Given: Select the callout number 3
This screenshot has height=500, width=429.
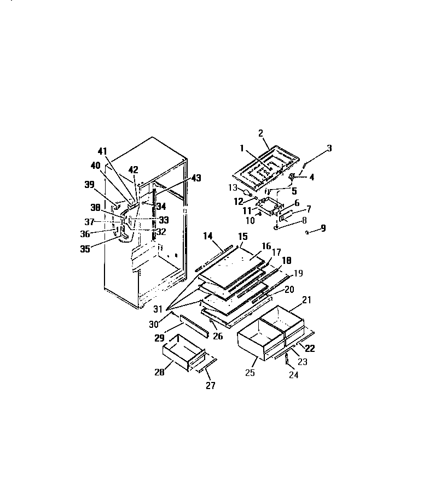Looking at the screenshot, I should coord(329,148).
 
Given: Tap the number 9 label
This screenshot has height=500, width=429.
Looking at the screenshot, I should coord(323,228).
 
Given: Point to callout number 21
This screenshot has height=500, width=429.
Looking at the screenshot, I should coord(306,300).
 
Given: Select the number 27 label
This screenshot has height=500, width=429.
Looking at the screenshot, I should coord(210,386).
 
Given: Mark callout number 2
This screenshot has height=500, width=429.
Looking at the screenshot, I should coord(261,133).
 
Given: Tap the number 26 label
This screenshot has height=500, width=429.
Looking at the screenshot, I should coord(218,337).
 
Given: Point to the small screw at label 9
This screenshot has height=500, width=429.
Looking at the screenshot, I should coord(308,232).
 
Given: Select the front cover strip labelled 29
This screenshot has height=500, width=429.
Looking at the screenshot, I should coord(195,326).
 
